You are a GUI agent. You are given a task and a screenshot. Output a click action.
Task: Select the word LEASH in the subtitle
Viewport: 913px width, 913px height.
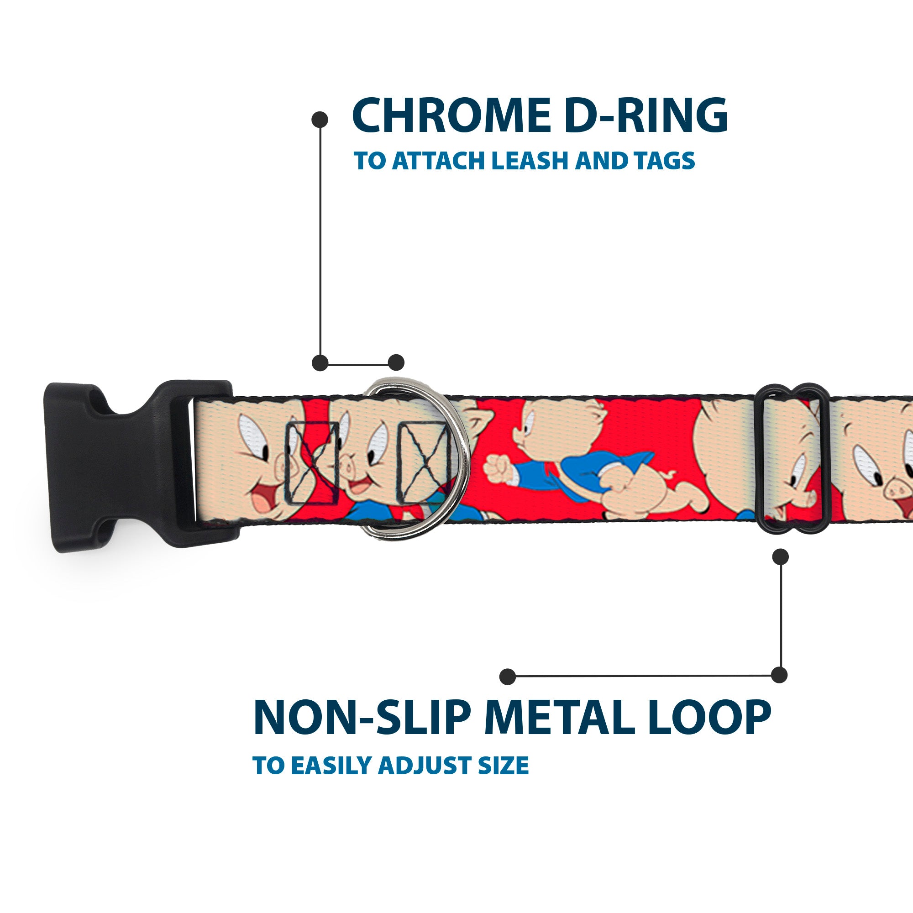(x=529, y=161)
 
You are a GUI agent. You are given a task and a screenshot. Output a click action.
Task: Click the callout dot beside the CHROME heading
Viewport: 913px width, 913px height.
(x=320, y=120)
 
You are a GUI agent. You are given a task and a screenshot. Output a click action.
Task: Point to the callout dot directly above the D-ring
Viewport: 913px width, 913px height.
(x=396, y=362)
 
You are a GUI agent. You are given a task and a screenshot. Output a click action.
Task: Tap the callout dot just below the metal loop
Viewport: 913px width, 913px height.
(x=780, y=556)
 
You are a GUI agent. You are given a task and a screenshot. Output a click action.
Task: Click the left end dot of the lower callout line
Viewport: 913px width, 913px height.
(x=508, y=676)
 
